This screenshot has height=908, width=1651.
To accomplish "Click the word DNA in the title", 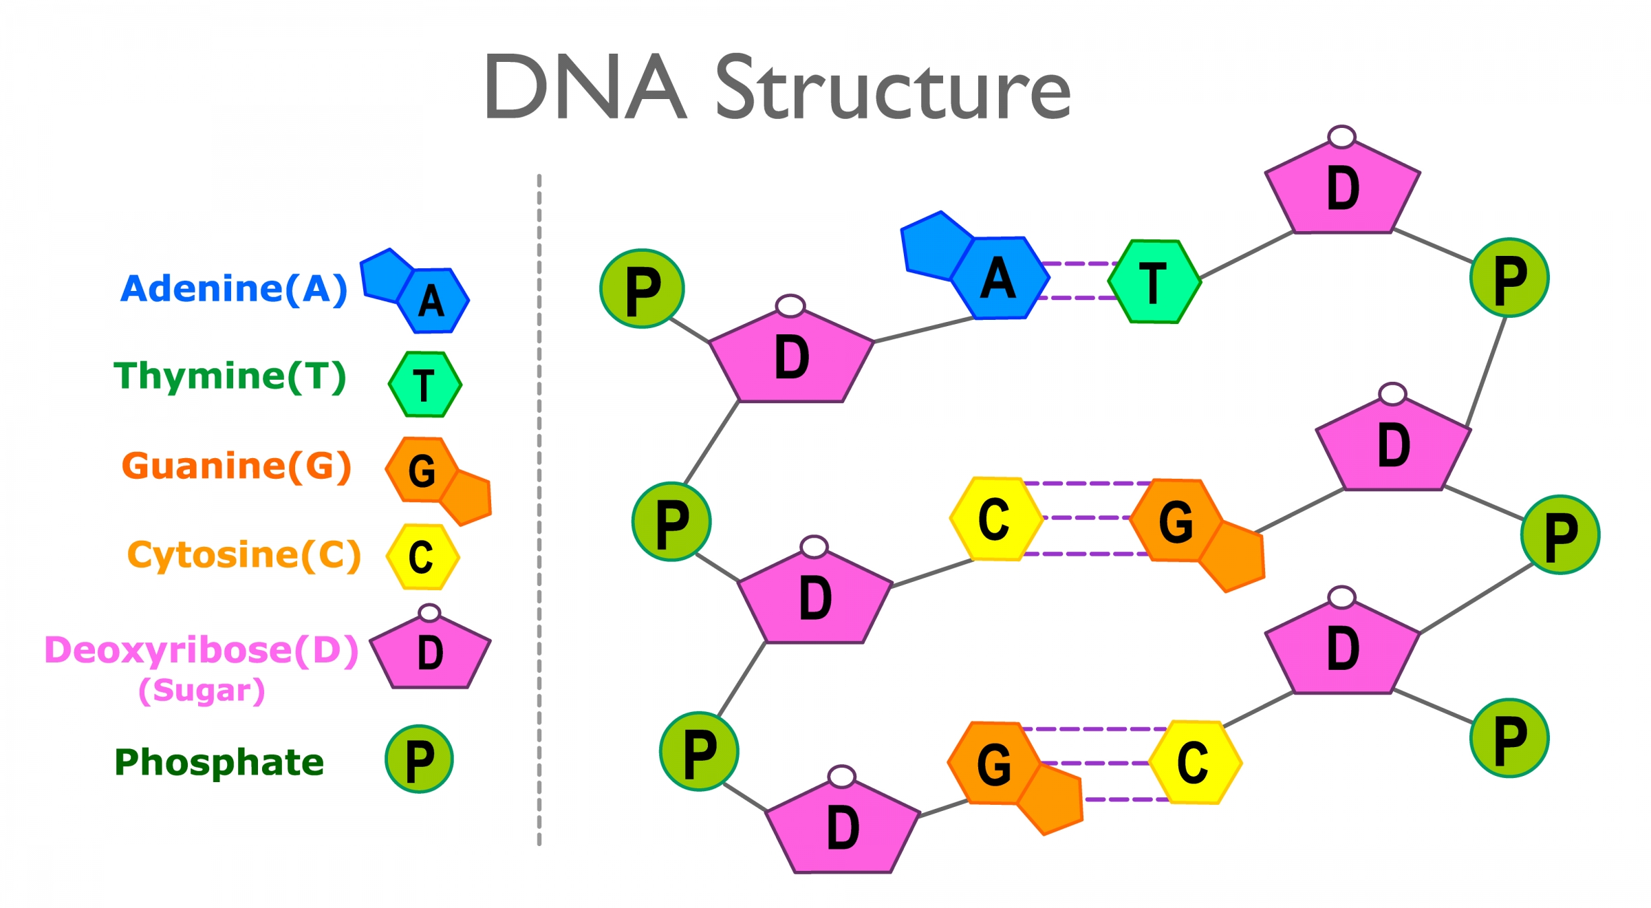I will [585, 87].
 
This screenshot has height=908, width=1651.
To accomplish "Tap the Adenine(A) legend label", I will [234, 289].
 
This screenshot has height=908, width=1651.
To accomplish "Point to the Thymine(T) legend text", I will [230, 377].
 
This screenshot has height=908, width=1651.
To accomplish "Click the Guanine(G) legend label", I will [237, 466].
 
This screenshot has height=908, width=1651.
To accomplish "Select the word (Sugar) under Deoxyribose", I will [202, 690].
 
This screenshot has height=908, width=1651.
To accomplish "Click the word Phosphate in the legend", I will [219, 762].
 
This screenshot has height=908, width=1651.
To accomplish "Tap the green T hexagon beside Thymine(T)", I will [425, 385].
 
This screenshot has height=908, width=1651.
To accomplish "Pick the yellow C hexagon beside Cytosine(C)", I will [422, 557].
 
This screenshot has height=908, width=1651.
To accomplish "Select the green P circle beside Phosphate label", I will [419, 759].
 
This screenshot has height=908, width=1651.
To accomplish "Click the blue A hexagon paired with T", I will [1001, 278].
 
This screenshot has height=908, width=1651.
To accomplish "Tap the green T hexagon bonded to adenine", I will [1154, 281].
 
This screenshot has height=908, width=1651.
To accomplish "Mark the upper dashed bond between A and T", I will [1079, 263].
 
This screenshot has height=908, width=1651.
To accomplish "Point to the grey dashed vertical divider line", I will [539, 509].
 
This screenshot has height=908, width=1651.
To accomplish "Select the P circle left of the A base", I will [642, 289].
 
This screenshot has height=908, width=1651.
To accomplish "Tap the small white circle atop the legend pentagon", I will [429, 612].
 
